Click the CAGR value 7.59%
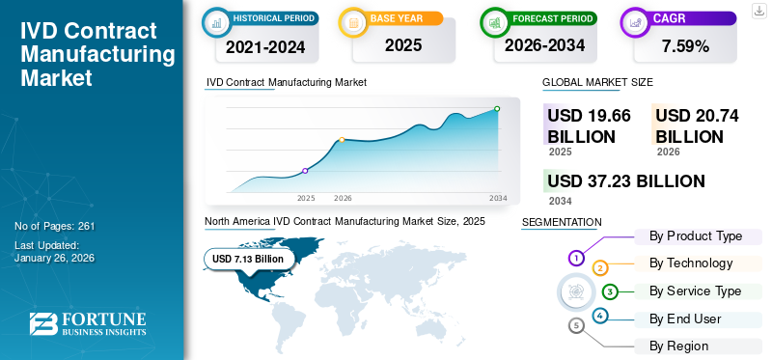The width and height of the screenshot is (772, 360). point(685,45)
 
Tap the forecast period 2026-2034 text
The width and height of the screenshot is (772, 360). point(545,45)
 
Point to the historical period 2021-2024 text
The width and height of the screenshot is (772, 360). point(266,45)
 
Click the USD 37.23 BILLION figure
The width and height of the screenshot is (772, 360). point(626,181)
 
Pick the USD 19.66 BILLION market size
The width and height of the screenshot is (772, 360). point(589,126)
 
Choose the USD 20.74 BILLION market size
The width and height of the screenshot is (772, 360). point(697,126)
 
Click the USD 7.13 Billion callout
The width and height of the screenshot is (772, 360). point(248,259)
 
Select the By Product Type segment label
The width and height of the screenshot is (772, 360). point(696,236)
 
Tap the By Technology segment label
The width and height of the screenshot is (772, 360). point(691,263)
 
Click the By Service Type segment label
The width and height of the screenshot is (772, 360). point(695,291)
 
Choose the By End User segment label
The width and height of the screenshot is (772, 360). point(685,318)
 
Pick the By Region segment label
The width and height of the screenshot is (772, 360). point(678,346)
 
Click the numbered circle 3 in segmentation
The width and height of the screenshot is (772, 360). point(610,291)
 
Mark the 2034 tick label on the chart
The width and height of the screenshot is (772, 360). point(498,198)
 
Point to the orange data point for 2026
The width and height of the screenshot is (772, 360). point(342,140)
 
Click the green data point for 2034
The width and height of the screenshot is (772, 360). point(497,109)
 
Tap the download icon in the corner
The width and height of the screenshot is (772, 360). point(758,10)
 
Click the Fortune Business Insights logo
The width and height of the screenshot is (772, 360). point(87,324)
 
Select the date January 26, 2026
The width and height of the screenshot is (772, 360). point(55,258)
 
